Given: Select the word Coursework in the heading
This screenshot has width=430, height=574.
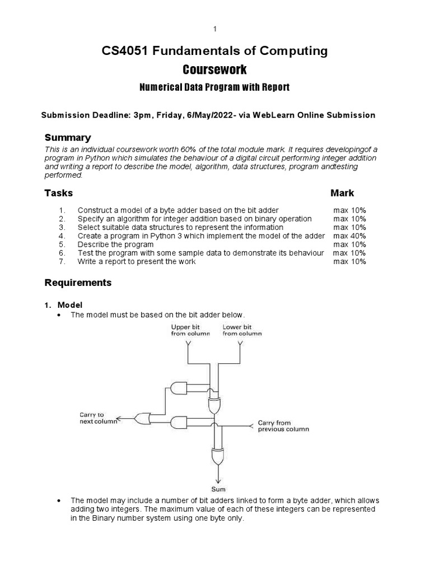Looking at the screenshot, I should [214, 70].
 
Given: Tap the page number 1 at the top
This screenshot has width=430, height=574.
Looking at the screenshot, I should [214, 29].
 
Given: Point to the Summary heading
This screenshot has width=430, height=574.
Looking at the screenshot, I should [68, 138].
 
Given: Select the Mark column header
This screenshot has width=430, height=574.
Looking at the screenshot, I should [342, 193].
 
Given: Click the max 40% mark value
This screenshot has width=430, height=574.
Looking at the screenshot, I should [350, 236].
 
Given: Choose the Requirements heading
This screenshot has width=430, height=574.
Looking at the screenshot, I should [78, 283].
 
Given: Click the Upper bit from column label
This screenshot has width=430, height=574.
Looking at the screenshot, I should [190, 330].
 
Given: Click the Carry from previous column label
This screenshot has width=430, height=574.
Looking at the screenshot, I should [283, 426].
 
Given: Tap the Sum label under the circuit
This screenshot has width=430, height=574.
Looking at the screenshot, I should [218, 488].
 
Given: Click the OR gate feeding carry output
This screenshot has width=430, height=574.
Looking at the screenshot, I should [143, 418].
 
